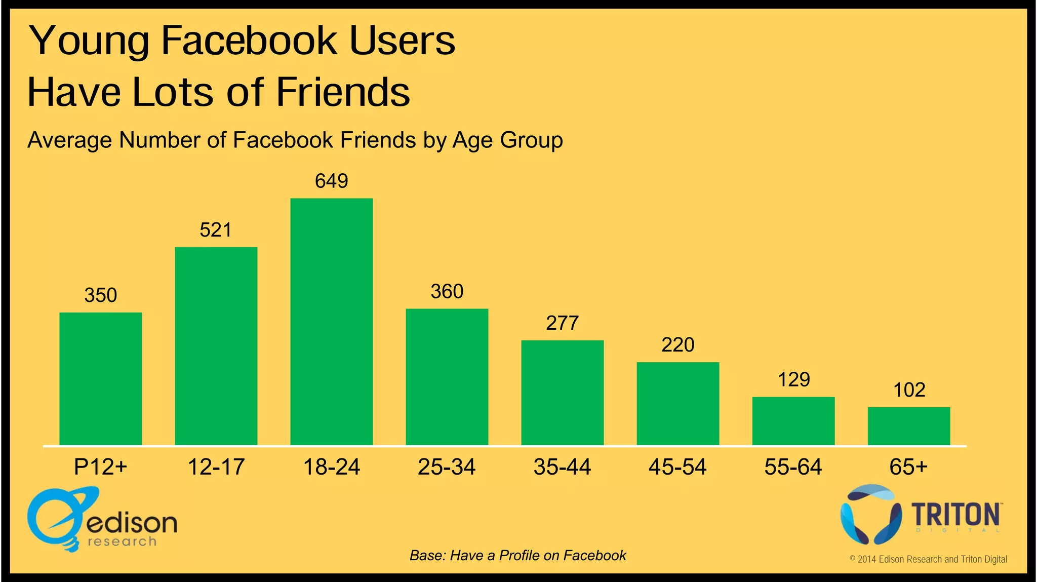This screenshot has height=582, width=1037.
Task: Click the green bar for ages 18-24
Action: click(331, 322)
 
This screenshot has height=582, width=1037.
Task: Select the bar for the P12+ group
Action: click(100, 379)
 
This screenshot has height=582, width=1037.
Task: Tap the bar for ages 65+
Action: click(908, 426)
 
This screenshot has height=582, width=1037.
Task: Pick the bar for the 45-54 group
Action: click(677, 404)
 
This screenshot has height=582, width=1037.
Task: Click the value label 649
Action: click(331, 181)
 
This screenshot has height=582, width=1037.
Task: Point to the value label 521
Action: click(216, 230)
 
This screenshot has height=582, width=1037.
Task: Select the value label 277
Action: click(562, 323)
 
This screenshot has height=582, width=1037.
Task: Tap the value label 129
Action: click(793, 379)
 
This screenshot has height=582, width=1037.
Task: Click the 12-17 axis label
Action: click(216, 467)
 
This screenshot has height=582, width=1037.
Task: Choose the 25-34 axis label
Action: click(447, 467)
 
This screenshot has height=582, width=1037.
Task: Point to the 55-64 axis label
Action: click(793, 467)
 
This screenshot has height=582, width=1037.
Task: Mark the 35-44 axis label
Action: click(562, 467)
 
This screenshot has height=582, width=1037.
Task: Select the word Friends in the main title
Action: click(343, 92)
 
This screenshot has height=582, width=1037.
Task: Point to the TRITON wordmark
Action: click(956, 515)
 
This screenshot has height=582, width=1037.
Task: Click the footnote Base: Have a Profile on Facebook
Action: click(517, 556)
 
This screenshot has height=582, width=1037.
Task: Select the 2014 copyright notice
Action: click(928, 559)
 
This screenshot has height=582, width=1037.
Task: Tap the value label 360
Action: click(447, 292)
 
